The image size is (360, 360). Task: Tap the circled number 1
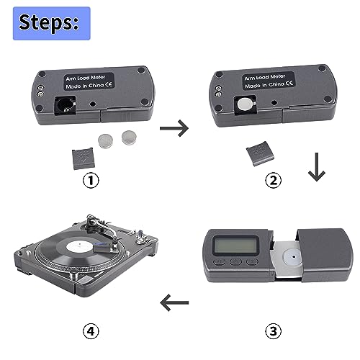(91, 180)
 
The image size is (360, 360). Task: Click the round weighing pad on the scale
(291, 256)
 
